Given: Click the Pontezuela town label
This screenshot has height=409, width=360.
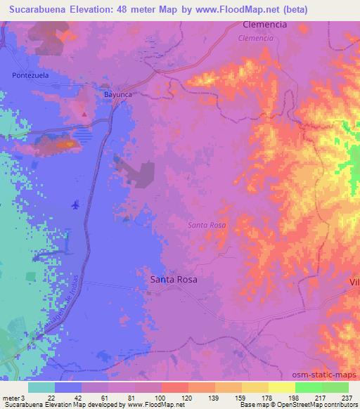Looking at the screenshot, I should point(30,74).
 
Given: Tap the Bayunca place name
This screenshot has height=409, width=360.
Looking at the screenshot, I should point(117,93).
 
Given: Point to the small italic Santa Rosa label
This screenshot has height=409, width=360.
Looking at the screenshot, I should point(207,225).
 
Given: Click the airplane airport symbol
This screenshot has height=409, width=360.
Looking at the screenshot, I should point(75,205).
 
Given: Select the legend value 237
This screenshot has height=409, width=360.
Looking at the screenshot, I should point(346,398).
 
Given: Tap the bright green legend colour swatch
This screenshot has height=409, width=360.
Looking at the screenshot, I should point(308,387).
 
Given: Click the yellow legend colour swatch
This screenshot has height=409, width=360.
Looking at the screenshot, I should point(281,387).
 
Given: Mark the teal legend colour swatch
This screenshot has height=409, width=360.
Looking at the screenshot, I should point(41,387).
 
